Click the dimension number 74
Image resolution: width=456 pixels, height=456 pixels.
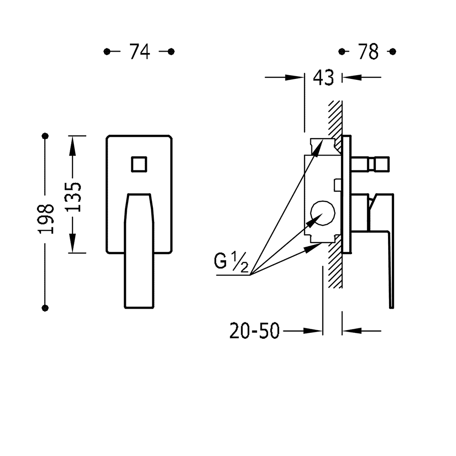tap(140, 52)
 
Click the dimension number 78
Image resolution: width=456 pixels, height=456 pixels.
tap(368, 52)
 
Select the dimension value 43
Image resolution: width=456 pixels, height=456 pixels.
tap(323, 78)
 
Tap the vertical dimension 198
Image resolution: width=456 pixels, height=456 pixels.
tap(46, 219)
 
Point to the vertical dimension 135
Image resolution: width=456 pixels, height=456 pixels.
tap(73, 197)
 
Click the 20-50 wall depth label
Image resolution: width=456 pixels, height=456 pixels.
tap(254, 331)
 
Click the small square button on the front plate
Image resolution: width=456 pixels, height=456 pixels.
tap(139, 164)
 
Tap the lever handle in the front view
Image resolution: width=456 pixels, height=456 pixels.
tap(139, 250)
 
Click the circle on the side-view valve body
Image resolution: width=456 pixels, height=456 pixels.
tap(323, 213)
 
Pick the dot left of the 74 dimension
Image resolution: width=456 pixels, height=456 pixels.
tap(107, 52)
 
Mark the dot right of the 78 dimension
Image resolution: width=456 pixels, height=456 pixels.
tap(393, 52)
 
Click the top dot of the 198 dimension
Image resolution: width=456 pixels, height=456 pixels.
tap(45, 136)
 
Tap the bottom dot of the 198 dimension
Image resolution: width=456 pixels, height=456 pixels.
tap(45, 308)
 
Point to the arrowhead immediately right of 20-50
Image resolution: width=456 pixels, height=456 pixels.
tap(313, 331)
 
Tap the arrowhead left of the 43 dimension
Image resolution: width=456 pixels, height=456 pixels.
tap(295, 78)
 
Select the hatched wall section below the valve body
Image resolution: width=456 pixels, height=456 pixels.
tap(335, 265)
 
